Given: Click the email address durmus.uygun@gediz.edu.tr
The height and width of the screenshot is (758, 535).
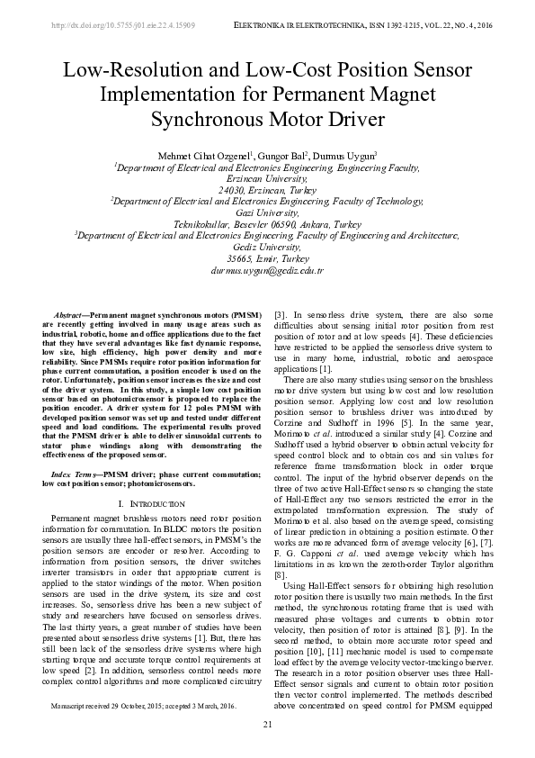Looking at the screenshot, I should click(266, 269).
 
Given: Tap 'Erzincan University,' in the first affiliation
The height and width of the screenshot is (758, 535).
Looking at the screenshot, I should click(266, 178).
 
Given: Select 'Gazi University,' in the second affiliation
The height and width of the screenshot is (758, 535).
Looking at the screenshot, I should click(266, 212).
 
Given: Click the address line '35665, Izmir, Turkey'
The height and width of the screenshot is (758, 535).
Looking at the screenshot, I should click(266, 257).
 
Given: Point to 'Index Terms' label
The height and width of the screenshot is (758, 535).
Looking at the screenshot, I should click(75, 472).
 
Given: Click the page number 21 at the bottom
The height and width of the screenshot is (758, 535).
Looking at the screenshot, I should click(267, 725).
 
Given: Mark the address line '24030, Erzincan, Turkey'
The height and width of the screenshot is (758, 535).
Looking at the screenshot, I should click(266, 190).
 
